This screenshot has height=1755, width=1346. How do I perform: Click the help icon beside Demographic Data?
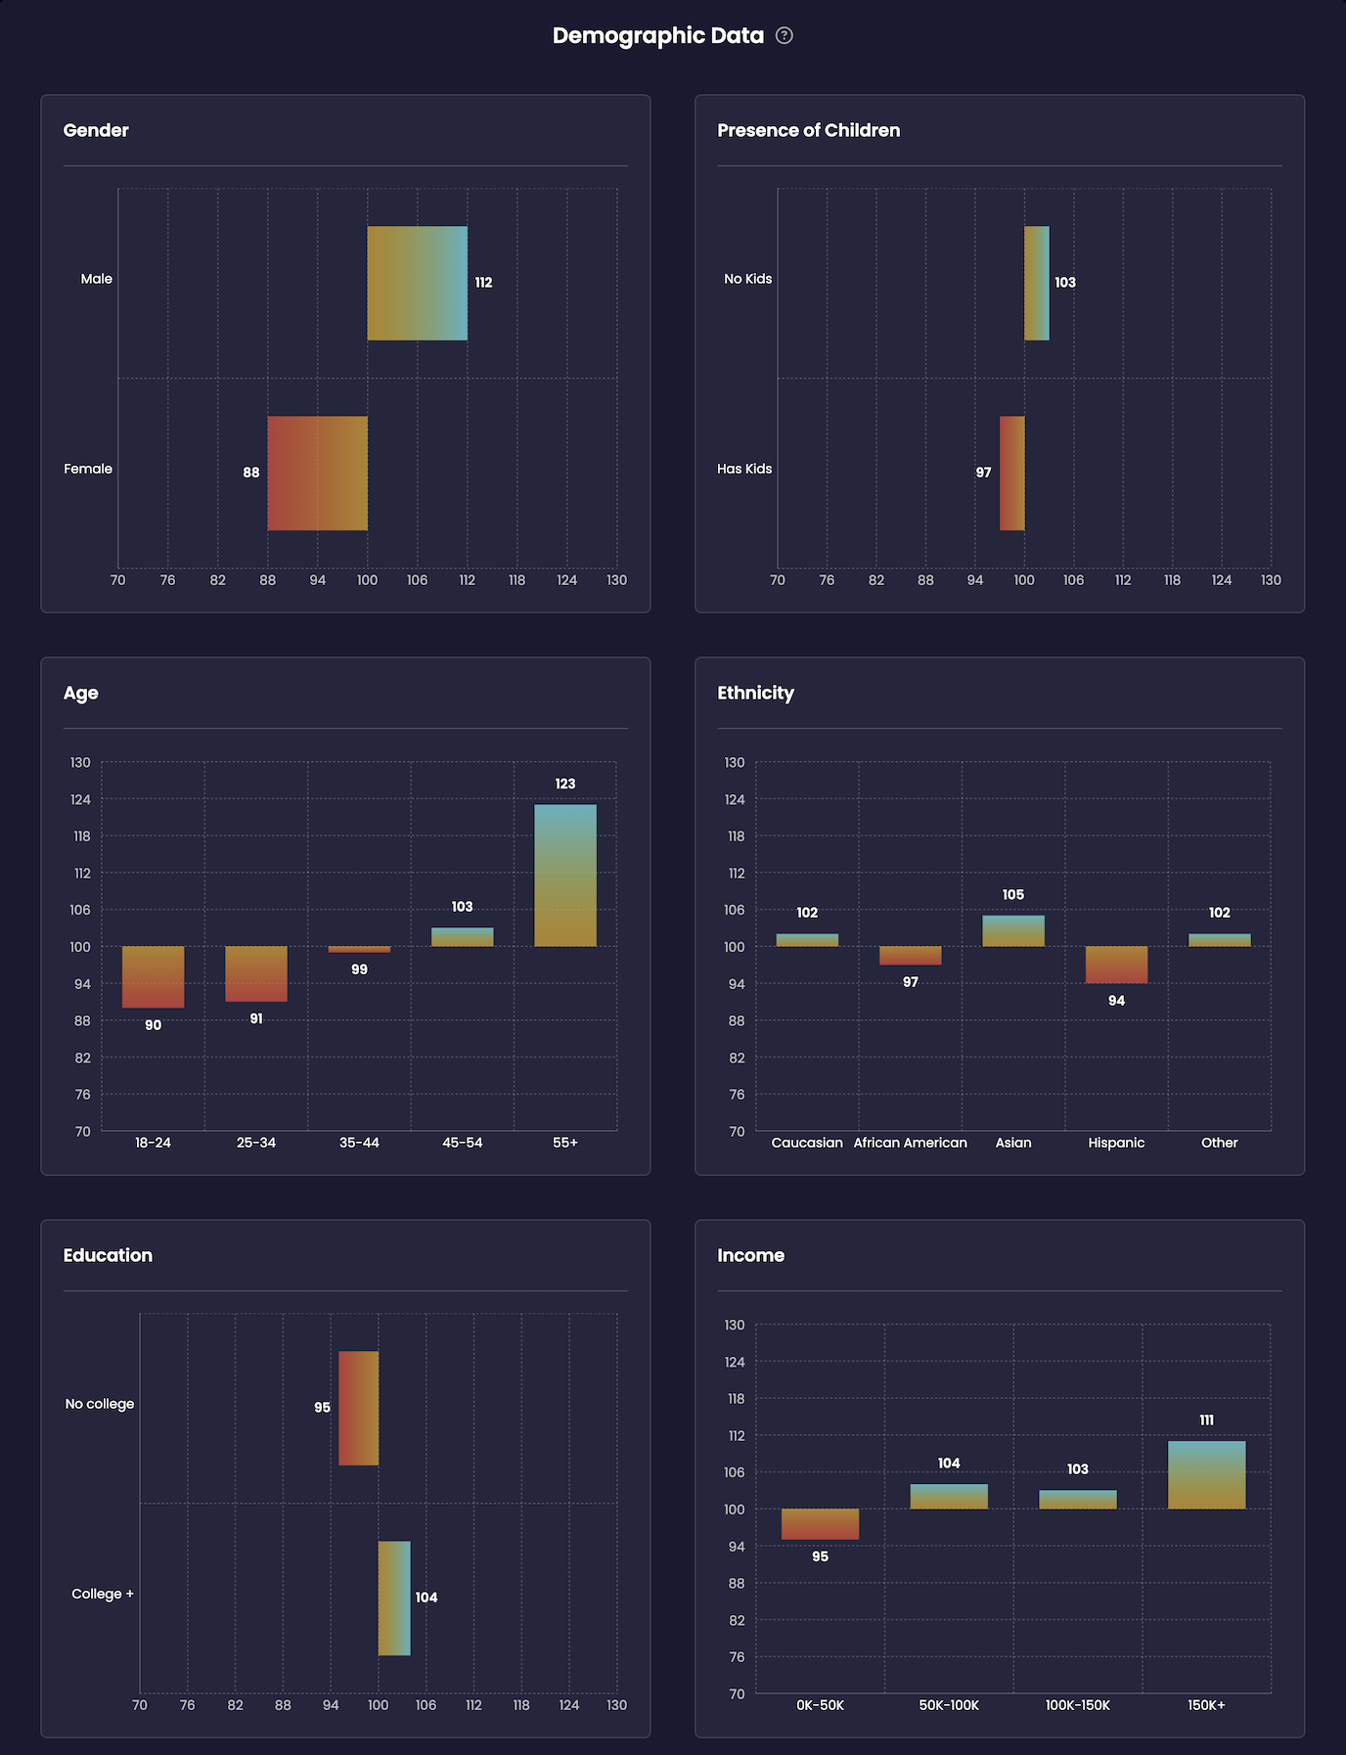[785, 36]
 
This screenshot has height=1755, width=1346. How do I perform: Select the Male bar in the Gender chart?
[418, 284]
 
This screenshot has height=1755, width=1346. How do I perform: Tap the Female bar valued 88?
[318, 473]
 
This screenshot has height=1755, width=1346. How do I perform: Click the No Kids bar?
[1037, 284]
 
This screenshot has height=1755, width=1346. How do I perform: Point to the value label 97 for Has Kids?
[983, 472]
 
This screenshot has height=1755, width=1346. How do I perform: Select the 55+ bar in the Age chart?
[565, 876]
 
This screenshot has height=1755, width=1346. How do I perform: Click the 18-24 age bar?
[153, 976]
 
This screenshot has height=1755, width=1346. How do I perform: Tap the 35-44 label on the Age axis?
[359, 1143]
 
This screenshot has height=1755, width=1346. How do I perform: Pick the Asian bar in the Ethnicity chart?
[1013, 930]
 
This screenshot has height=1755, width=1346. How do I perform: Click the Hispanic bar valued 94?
[1116, 965]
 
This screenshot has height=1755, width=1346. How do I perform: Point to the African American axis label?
[910, 1143]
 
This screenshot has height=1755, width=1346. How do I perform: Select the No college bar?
[358, 1408]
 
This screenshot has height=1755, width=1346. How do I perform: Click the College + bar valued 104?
[394, 1598]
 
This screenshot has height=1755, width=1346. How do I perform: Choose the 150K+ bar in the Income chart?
[1206, 1475]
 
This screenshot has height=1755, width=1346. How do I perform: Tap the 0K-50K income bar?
[820, 1524]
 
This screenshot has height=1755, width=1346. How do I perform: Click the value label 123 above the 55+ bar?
[565, 784]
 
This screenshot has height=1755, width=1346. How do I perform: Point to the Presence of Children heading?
[808, 130]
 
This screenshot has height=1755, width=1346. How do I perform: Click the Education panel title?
[108, 1255]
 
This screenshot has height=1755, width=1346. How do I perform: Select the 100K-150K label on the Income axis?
[1077, 1705]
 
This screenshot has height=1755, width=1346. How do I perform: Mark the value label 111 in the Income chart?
[1206, 1420]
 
